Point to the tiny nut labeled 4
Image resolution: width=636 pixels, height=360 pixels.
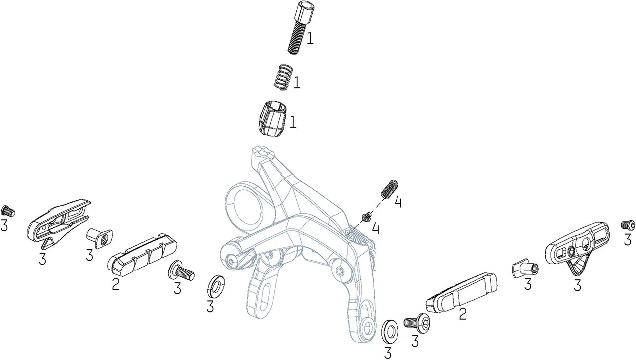click(x=366, y=216)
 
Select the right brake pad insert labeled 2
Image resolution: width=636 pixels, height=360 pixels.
click(x=462, y=293)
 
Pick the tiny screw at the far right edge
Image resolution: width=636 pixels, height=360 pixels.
click(x=628, y=225)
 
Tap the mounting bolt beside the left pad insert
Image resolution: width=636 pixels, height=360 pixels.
click(x=181, y=271)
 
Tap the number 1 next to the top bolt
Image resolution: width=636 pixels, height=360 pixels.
click(x=310, y=39)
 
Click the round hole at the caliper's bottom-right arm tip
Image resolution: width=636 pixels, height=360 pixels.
click(x=369, y=327)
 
